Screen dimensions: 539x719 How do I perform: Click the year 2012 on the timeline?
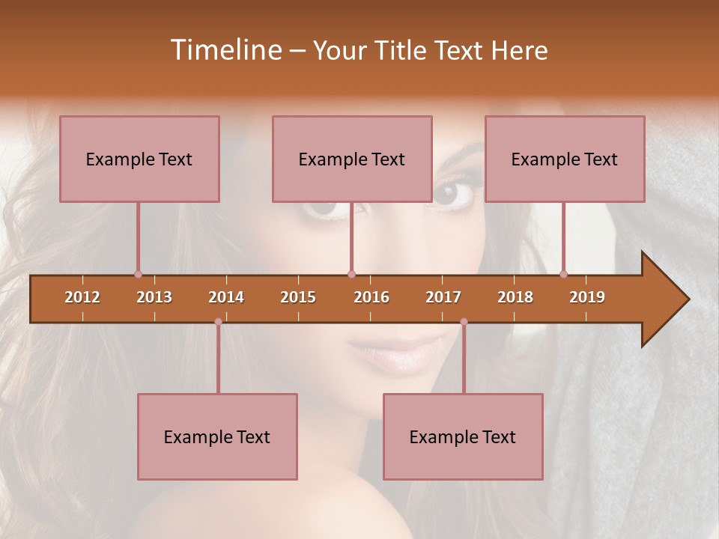(x=82, y=297)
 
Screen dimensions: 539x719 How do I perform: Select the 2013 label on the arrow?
(x=154, y=297)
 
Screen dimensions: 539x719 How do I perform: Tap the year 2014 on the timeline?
(x=226, y=297)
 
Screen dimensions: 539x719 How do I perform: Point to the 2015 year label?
(x=298, y=297)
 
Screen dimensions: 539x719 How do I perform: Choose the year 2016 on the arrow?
(x=371, y=297)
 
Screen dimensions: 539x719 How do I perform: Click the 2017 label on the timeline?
(x=443, y=297)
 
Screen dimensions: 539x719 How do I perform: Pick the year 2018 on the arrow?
(x=515, y=297)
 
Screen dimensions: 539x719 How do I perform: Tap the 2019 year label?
(x=587, y=297)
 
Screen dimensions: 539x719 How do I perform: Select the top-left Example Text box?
(x=139, y=159)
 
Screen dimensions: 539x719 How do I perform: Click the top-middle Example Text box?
(x=352, y=159)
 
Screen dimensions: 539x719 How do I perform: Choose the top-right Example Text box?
(x=565, y=159)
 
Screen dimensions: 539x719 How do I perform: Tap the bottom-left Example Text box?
(x=217, y=436)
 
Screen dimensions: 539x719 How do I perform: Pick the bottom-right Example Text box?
(x=463, y=436)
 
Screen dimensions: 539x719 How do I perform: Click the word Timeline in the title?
(x=225, y=50)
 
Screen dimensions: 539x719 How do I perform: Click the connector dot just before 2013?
(x=138, y=274)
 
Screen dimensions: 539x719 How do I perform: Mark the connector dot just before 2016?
(x=351, y=274)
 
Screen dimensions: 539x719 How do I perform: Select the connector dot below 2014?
(x=218, y=322)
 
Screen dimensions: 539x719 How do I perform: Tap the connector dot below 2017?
(x=464, y=322)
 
